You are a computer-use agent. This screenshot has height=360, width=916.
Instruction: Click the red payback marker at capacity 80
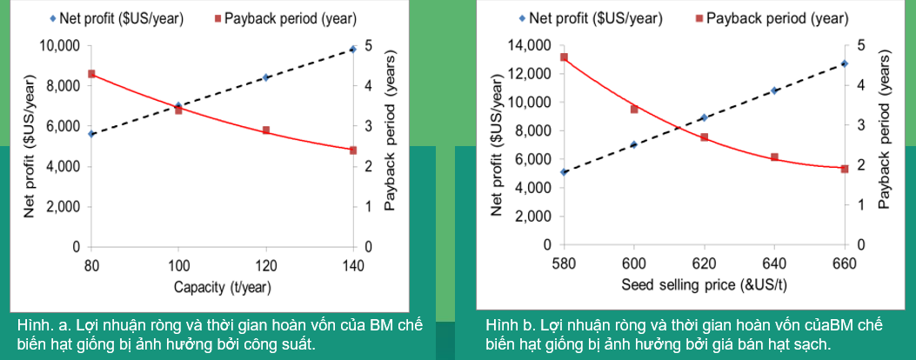[90, 74]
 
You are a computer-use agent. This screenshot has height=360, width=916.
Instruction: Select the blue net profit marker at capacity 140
[353, 50]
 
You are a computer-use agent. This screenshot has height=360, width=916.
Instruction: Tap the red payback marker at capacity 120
[266, 130]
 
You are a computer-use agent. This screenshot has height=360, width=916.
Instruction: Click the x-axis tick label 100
[178, 265]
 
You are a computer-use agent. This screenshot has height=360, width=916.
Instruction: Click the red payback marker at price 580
[564, 57]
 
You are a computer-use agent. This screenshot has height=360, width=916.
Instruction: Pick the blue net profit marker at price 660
[844, 63]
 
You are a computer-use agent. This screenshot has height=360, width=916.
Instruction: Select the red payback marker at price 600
[634, 110]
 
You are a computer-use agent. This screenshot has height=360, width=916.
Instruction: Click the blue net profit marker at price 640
[774, 90]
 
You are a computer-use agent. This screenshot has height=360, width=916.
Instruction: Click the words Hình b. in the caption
[510, 325]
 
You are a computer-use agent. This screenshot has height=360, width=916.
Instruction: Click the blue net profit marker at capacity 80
[90, 134]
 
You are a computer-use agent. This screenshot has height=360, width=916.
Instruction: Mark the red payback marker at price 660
[844, 169]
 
